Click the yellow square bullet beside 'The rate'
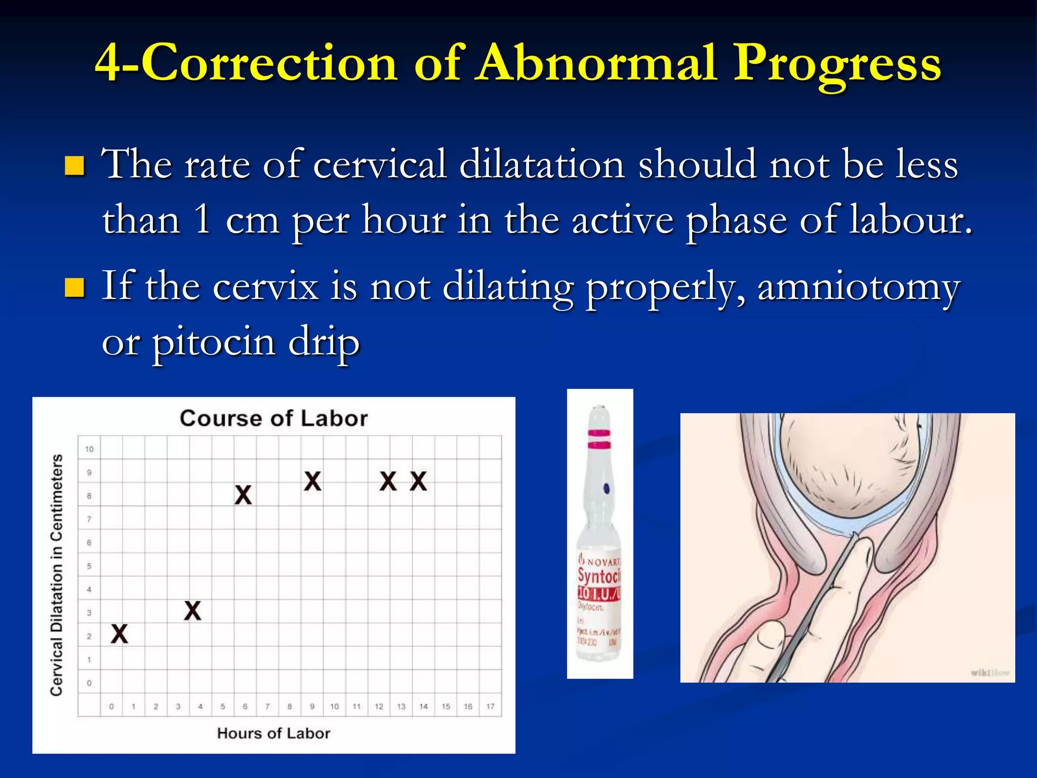[75, 166]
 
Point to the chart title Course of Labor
[273, 418]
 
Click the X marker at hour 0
[119, 634]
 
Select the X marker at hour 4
[192, 611]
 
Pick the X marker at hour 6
[243, 495]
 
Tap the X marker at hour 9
[312, 481]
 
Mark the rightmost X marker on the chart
[418, 481]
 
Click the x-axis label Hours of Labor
[273, 733]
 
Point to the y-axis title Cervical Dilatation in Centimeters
[57, 574]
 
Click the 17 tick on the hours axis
[490, 706]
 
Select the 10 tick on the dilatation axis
[89, 449]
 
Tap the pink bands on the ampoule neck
[599, 440]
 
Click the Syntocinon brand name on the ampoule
[599, 576]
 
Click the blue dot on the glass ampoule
[606, 489]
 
